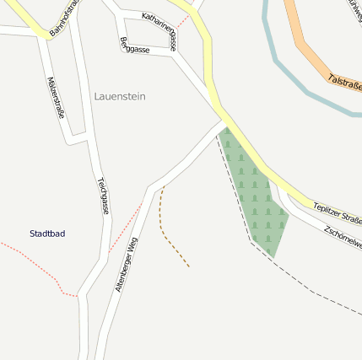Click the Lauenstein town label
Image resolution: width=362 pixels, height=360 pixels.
120,97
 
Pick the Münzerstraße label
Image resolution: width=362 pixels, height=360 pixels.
56,97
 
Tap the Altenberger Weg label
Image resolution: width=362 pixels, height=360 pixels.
126,265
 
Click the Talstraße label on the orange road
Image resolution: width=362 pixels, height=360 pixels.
344,87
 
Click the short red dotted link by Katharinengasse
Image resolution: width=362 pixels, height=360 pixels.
182,19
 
